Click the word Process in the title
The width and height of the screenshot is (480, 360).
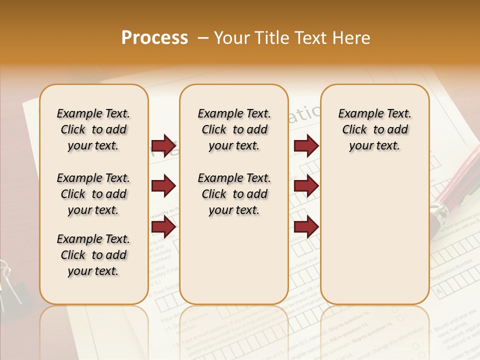tap(154, 37)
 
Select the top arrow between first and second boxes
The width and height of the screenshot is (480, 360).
tap(164, 145)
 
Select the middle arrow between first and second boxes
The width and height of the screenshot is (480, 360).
tap(164, 186)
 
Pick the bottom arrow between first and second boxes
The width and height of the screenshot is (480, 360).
tap(164, 227)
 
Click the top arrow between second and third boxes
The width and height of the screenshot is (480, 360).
tap(306, 145)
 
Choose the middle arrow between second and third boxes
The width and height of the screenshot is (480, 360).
tap(306, 186)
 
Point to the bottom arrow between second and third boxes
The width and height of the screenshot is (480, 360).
tap(306, 227)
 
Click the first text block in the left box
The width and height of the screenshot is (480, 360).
tap(93, 129)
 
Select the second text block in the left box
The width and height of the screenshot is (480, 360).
tap(93, 194)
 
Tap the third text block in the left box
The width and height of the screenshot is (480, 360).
tap(93, 255)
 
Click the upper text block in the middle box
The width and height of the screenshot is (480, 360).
tap(234, 129)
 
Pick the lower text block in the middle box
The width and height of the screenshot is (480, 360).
tap(234, 194)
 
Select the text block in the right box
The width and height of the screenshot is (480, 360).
tap(374, 129)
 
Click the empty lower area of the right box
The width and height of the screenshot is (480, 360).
tap(374, 240)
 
